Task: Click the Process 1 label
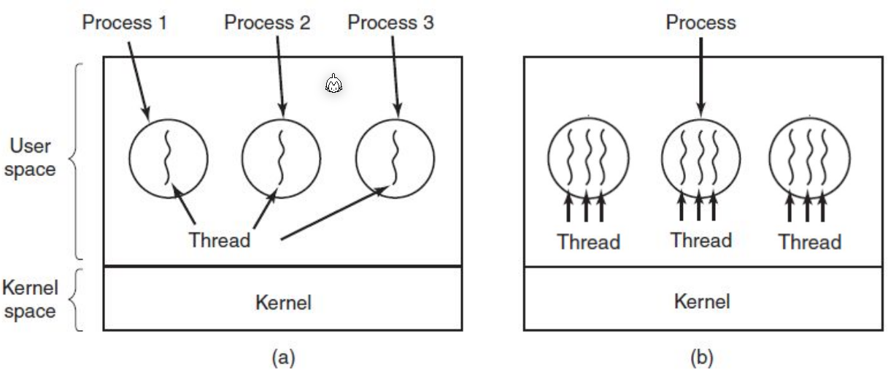pos(124,22)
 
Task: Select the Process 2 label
pos(267,22)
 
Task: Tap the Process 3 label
pos(390,22)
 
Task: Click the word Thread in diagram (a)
pos(220,240)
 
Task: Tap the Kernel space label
pos(30,299)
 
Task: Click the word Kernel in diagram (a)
pos(283,302)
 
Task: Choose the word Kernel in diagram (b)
pos(702,301)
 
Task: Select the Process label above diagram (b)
pos(701,23)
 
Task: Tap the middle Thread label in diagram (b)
pos(701,240)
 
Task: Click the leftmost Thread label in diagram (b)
pos(589,242)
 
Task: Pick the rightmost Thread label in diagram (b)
pos(810,242)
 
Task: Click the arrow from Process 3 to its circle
pos(395,73)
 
